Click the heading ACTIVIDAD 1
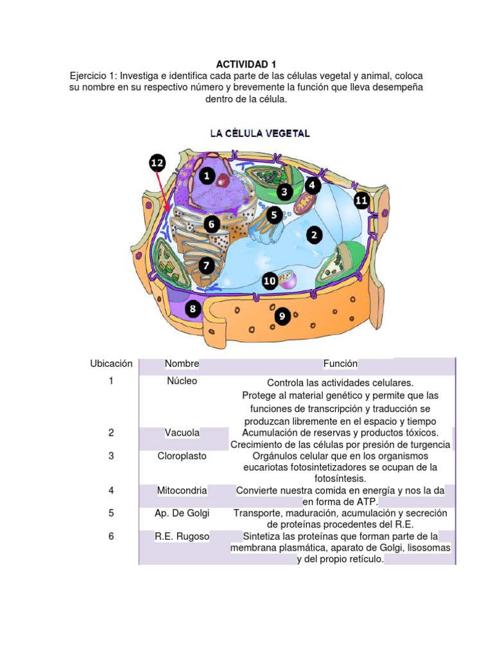point(246,64)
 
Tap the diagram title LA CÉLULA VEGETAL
point(261,134)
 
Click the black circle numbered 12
point(158,163)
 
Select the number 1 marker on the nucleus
point(207,175)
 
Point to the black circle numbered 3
point(285,191)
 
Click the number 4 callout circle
point(313,186)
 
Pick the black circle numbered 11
point(361,200)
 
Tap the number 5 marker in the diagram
point(275,215)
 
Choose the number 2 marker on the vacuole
point(313,236)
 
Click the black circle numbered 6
point(211,224)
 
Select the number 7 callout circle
point(206,265)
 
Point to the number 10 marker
point(270,280)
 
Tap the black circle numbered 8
point(192,310)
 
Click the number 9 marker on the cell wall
point(282,316)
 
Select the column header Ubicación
point(111,364)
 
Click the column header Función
point(340,364)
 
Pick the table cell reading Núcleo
point(182,381)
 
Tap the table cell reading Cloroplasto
point(182,456)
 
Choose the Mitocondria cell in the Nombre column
point(182,490)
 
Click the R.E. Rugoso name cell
point(182,536)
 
